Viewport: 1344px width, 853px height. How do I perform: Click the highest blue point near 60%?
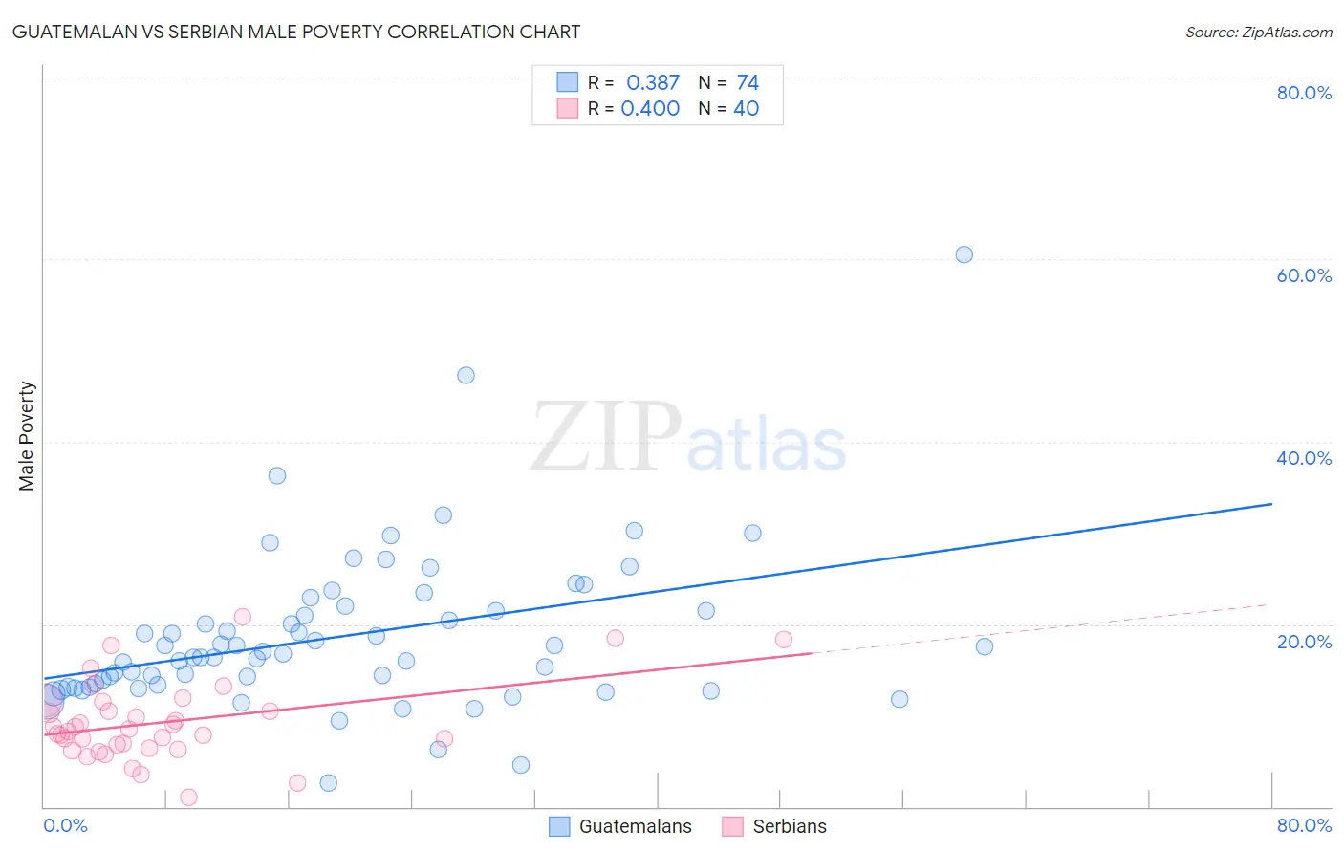(x=964, y=254)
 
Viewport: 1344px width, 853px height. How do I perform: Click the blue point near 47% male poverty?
(x=466, y=375)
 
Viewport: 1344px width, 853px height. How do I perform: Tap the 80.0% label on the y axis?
(x=1304, y=93)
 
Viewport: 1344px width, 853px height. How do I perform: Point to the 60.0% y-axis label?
(x=1304, y=275)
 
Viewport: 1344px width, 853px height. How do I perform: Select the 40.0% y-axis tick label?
(x=1304, y=458)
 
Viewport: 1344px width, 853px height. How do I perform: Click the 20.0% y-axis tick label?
(x=1304, y=642)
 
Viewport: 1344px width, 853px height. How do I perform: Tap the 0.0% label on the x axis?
(x=65, y=825)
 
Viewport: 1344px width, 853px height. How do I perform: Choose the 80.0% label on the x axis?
(x=1304, y=825)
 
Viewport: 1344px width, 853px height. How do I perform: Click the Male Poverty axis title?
(x=27, y=436)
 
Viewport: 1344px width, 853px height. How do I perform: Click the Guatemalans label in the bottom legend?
(x=635, y=826)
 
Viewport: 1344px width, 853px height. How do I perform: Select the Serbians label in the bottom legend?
(x=790, y=826)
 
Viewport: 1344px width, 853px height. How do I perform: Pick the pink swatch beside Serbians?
(x=732, y=826)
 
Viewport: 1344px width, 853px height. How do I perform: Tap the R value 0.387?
(x=653, y=83)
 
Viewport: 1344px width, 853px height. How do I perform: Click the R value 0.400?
(x=650, y=109)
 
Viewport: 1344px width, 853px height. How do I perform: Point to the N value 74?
(x=748, y=83)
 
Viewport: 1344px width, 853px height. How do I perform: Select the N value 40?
(x=746, y=109)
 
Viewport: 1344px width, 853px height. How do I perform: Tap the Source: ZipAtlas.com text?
(x=1258, y=32)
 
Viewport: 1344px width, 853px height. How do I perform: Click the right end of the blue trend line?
(x=1271, y=503)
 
